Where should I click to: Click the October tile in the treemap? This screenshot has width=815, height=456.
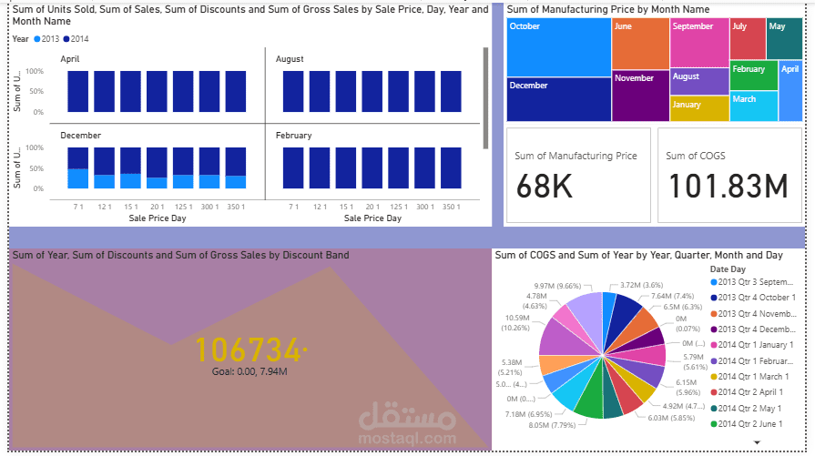(x=558, y=46)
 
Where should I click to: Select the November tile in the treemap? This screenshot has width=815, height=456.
(x=640, y=96)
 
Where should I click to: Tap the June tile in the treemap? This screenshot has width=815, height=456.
(x=640, y=43)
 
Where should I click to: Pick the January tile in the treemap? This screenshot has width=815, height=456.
(x=699, y=108)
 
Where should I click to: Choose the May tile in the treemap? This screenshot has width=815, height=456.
(x=784, y=37)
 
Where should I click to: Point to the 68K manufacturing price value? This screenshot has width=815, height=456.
(x=545, y=187)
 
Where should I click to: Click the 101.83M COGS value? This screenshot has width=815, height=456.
(x=728, y=187)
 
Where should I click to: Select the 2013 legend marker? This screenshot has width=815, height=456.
(x=37, y=39)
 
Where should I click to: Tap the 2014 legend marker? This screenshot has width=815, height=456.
(x=67, y=39)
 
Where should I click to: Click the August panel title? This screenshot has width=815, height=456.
(x=290, y=59)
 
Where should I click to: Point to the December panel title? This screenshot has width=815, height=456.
(x=80, y=136)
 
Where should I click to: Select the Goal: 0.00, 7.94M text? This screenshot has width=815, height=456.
(x=250, y=371)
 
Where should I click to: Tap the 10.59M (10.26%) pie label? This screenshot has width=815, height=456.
(x=514, y=322)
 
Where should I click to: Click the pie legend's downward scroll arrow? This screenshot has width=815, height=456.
(x=757, y=441)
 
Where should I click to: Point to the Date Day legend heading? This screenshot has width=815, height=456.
(x=729, y=269)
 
